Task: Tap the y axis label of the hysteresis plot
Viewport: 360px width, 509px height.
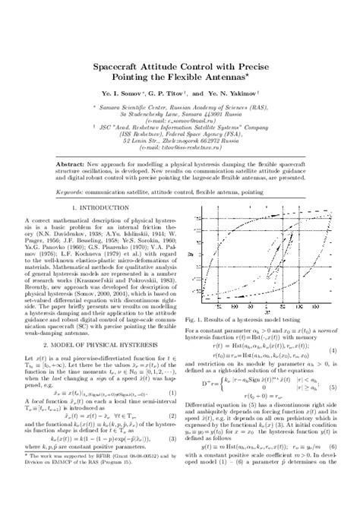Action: tap(191, 254)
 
